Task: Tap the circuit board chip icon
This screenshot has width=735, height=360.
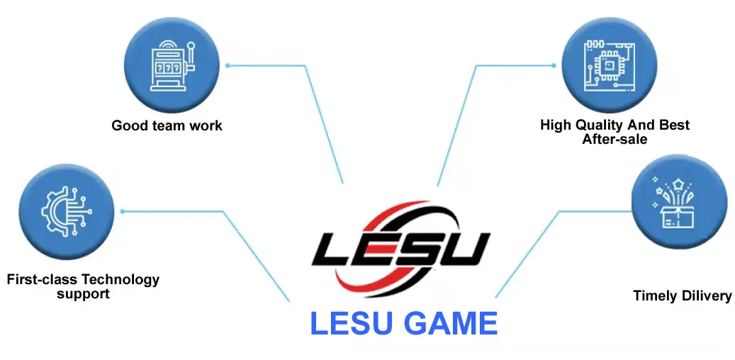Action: click(607, 65)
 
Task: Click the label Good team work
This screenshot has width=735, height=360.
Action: click(167, 126)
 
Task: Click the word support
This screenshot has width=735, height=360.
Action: click(83, 293)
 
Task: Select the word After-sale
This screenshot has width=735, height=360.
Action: click(615, 139)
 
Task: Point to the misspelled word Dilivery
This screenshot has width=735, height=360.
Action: click(706, 296)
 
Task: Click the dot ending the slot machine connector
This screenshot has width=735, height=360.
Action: click(228, 65)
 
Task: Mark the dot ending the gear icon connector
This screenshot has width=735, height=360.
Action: click(122, 211)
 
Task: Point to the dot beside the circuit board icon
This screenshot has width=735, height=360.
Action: click(554, 65)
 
